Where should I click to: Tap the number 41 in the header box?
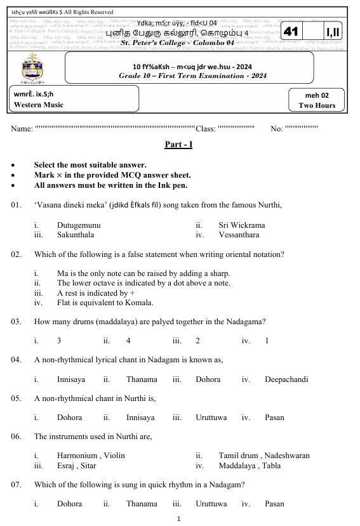pos(291,32)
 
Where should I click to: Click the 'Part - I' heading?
pos(178,145)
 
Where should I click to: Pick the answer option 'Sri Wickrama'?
pos(242,225)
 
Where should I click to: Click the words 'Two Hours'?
pos(317,105)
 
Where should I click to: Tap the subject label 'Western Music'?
pos(38,105)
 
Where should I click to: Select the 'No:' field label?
pos(276,129)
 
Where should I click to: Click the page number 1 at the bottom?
pos(180,518)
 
